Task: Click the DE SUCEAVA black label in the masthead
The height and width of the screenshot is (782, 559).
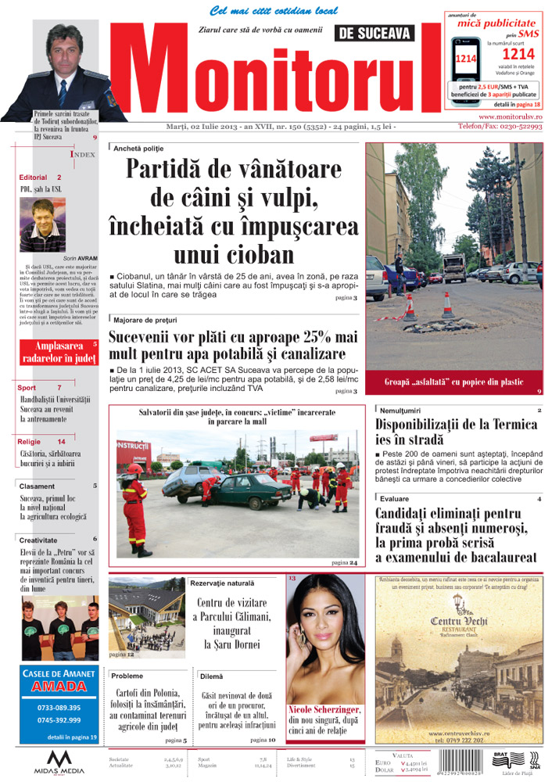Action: click(x=374, y=33)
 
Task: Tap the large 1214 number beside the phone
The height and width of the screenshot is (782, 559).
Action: click(x=518, y=54)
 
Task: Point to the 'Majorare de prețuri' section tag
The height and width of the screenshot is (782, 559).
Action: click(x=145, y=320)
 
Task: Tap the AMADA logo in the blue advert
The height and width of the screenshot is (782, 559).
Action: click(x=59, y=687)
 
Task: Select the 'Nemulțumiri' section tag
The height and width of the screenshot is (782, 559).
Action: click(x=401, y=409)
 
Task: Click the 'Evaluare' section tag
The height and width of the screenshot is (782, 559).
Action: click(x=395, y=498)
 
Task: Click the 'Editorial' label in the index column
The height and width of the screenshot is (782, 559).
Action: click(x=34, y=178)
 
